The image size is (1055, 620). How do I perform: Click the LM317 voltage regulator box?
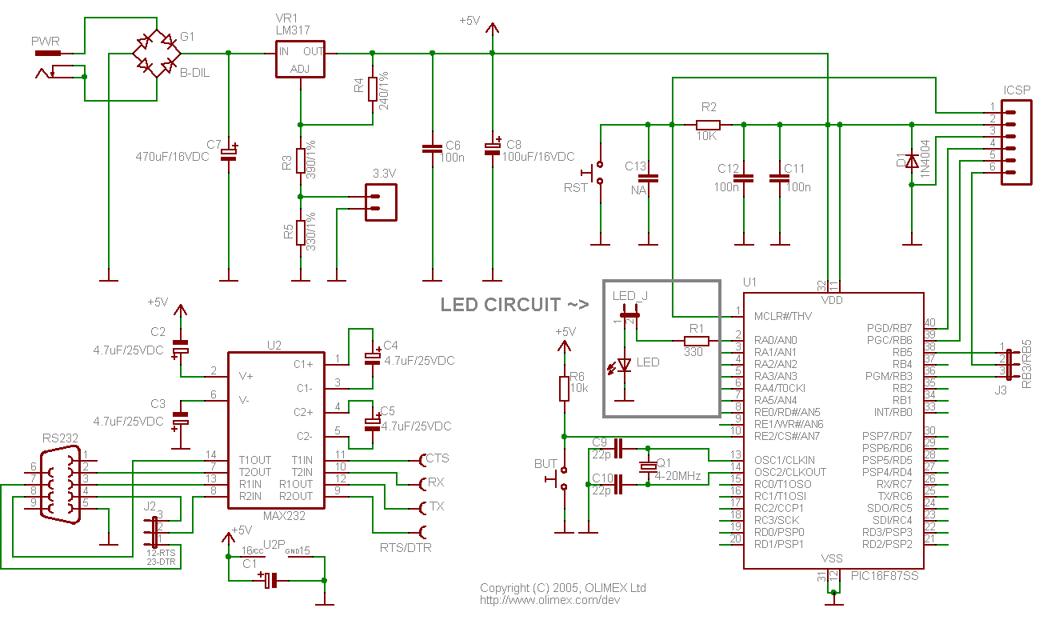click(300, 60)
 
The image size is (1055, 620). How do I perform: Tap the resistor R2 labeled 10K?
click(708, 125)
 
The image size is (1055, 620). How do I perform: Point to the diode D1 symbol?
click(912, 161)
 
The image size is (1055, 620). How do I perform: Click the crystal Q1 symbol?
click(647, 466)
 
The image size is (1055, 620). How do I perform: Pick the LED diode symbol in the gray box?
click(625, 364)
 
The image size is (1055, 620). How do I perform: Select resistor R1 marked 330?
click(695, 341)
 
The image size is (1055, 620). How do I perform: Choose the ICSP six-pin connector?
click(1016, 142)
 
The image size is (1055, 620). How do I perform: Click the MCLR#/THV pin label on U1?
click(783, 316)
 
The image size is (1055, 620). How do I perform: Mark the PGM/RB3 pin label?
click(888, 376)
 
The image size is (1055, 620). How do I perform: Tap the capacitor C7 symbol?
click(229, 151)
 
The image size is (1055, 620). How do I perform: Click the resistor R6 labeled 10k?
click(564, 389)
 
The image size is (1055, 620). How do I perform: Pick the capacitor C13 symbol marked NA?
click(648, 178)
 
